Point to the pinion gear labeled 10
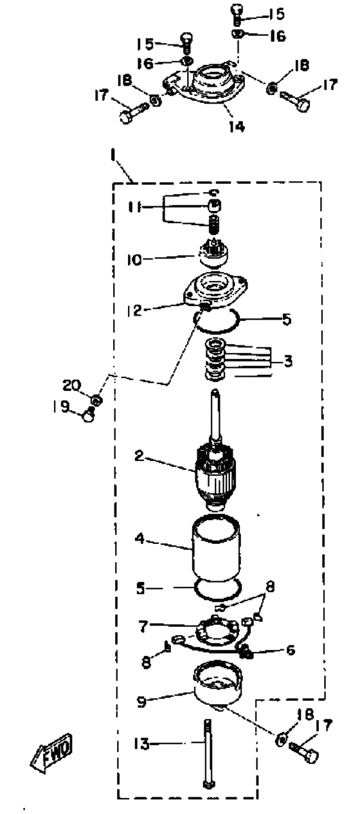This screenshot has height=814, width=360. point(213,255)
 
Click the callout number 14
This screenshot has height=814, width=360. point(237,126)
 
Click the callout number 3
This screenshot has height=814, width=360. point(288,361)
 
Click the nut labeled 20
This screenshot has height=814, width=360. point(96,400)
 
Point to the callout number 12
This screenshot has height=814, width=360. point(134,310)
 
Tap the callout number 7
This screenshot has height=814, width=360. point(143,626)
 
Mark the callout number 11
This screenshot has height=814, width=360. point(134,208)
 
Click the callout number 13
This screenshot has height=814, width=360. point(141,743)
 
